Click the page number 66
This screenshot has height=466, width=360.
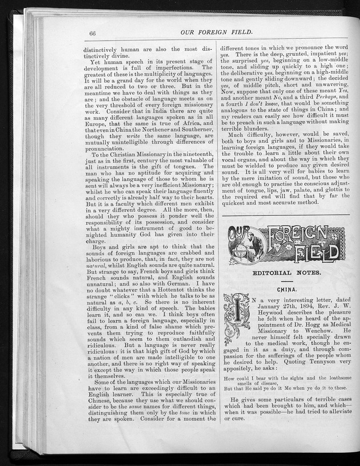(94, 33)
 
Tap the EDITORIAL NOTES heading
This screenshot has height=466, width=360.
(286, 272)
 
